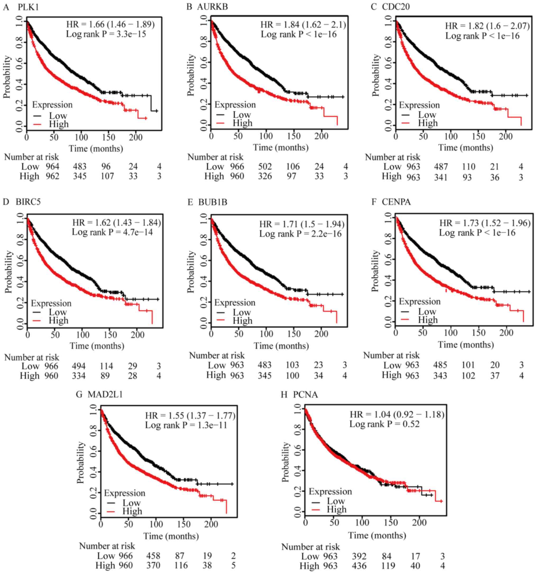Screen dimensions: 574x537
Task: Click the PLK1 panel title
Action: pyautogui.click(x=28, y=7)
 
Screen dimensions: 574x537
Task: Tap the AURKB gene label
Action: pyautogui.click(x=212, y=7)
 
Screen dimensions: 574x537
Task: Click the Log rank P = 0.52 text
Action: pyautogui.click(x=384, y=424)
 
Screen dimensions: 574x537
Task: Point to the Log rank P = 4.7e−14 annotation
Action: pyautogui.click(x=112, y=232)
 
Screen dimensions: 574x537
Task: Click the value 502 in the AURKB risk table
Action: pyautogui.click(x=265, y=166)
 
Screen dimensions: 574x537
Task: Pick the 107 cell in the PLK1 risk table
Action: pyautogui.click(x=107, y=176)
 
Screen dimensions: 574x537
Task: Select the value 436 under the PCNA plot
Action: pyautogui.click(x=359, y=566)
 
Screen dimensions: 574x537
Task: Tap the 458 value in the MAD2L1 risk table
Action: pyautogui.click(x=153, y=556)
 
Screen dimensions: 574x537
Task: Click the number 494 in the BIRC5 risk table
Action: pyautogui.click(x=79, y=366)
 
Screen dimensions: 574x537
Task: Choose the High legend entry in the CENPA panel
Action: pyautogui.click(x=428, y=320)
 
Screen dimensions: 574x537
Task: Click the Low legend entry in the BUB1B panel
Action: pyautogui.click(x=242, y=312)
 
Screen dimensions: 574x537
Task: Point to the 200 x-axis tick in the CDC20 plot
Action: pyautogui.click(x=506, y=136)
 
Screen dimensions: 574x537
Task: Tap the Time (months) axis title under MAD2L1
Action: pyautogui.click(x=171, y=536)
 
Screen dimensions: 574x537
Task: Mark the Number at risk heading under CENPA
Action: pyautogui.click(x=391, y=355)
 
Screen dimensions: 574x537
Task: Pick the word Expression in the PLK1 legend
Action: pyautogui.click(x=52, y=105)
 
